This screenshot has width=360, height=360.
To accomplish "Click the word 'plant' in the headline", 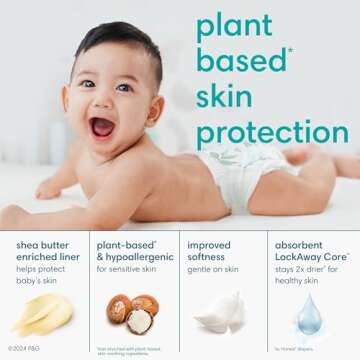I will coord(234,27).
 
